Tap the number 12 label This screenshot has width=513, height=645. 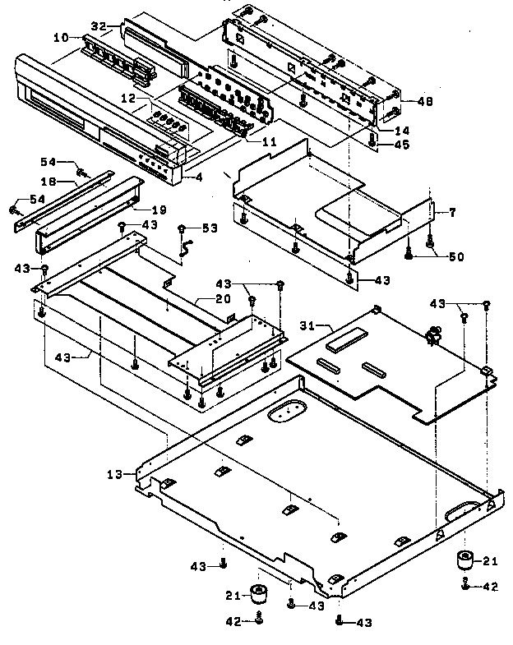click(x=127, y=98)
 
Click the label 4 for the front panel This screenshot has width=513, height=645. click(x=199, y=175)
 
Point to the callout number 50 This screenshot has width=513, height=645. click(x=455, y=256)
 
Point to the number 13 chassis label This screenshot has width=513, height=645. click(x=115, y=474)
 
